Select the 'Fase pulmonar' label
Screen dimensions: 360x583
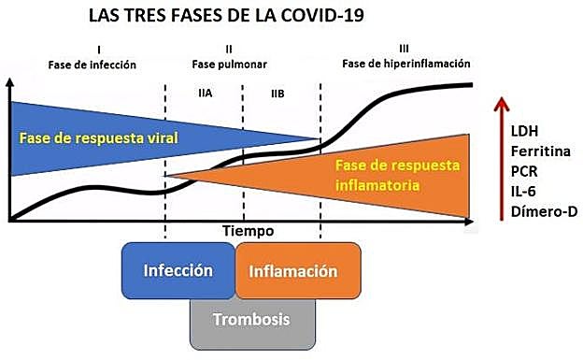point(229,65)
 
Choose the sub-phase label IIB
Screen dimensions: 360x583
point(278,94)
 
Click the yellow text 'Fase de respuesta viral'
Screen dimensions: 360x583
point(99,137)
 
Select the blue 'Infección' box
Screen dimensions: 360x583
point(178,270)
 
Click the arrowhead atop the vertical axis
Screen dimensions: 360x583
point(10,82)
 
